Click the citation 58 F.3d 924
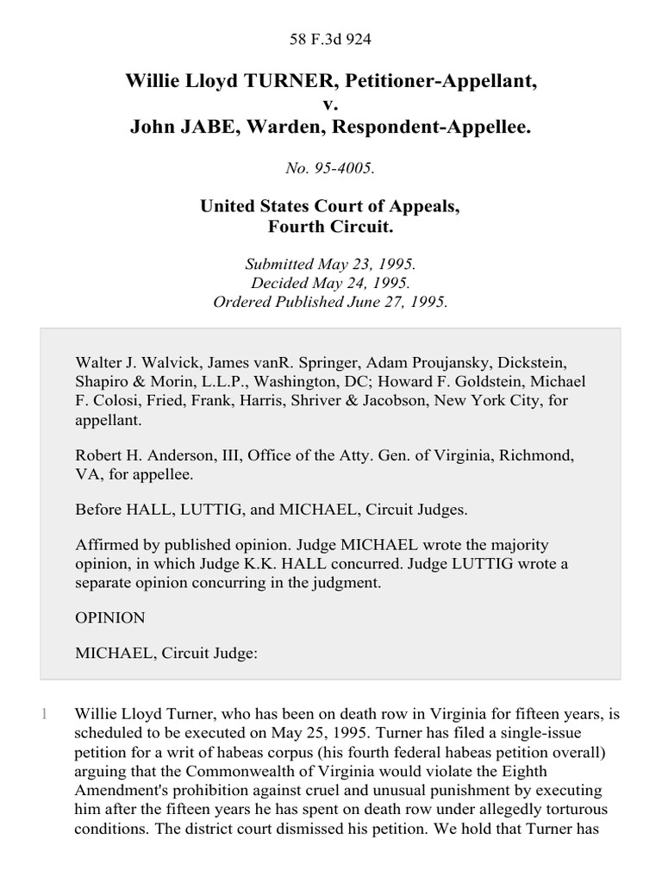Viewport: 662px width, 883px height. click(x=331, y=39)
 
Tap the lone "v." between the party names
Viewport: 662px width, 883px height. click(x=331, y=105)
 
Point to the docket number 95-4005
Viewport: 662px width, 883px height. click(x=343, y=168)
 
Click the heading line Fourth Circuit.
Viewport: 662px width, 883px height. click(x=331, y=229)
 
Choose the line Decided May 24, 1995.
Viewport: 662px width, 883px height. click(x=331, y=285)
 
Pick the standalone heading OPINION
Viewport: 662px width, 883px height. click(x=109, y=617)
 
